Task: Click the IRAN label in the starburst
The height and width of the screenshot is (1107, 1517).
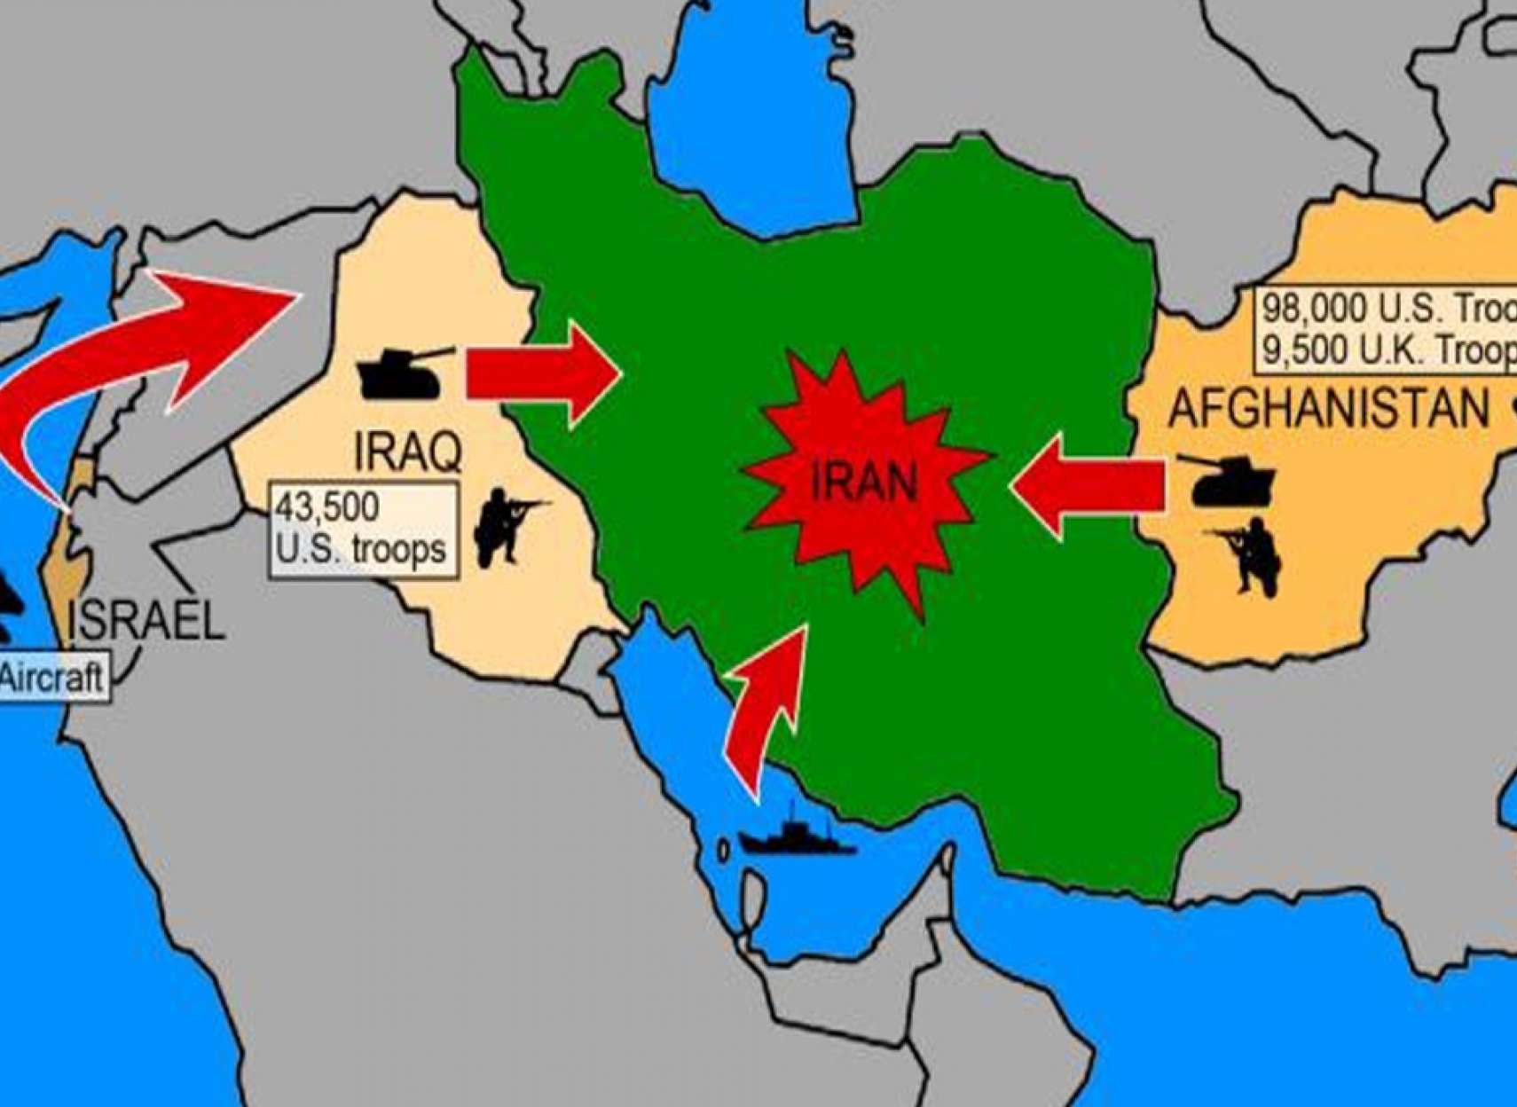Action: (x=863, y=483)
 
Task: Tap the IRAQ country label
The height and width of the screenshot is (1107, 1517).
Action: (x=408, y=451)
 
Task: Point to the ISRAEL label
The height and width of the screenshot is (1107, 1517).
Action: (x=147, y=620)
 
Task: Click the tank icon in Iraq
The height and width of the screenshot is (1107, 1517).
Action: (x=401, y=373)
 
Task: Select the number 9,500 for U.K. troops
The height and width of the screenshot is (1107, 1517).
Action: (x=1300, y=350)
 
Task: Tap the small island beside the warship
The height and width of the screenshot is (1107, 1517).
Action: (x=723, y=852)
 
